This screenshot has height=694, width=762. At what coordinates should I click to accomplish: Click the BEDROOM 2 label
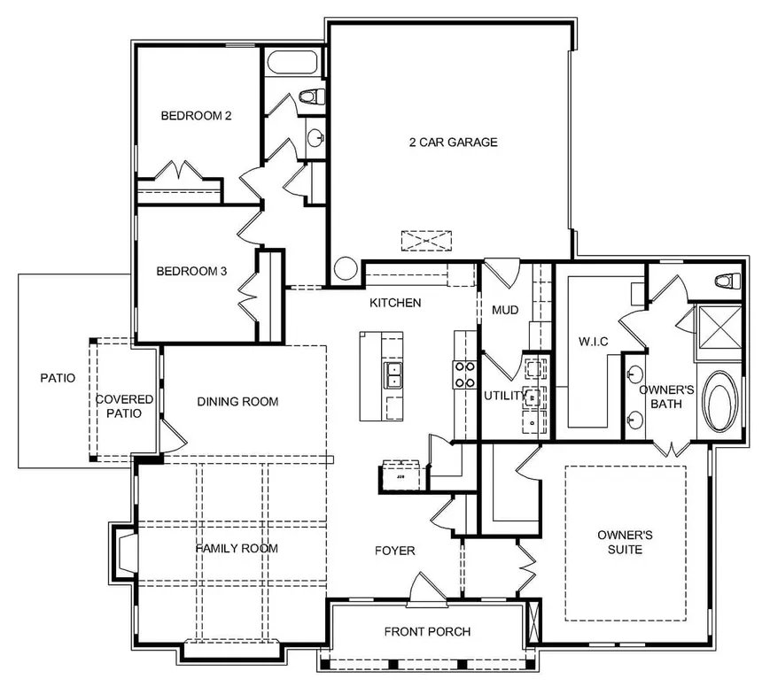click(196, 116)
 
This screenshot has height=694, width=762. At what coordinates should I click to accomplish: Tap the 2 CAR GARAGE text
click(454, 143)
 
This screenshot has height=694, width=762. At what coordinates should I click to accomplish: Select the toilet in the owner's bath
click(727, 281)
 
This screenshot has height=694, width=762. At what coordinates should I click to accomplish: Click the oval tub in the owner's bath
click(720, 402)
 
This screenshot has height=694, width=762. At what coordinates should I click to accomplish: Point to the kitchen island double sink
click(393, 375)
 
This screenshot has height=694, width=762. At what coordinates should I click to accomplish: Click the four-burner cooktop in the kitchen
click(465, 374)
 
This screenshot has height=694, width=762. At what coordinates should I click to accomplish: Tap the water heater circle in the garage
click(346, 268)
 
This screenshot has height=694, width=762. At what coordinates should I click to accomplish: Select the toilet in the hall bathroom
click(312, 96)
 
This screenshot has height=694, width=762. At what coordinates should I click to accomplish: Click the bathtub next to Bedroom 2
click(292, 62)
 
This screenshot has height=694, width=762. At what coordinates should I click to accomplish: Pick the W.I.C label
click(594, 342)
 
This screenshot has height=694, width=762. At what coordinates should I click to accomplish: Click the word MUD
click(505, 310)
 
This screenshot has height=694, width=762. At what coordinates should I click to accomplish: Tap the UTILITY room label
click(505, 396)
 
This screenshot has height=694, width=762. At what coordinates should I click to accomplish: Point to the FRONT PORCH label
click(427, 632)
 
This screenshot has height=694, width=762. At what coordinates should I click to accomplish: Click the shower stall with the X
click(719, 327)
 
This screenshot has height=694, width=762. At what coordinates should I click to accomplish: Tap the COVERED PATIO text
click(124, 406)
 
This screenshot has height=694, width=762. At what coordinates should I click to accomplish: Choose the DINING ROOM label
click(237, 402)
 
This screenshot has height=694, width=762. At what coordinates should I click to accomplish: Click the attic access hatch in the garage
click(426, 241)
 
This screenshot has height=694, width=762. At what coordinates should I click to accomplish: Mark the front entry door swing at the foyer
click(428, 589)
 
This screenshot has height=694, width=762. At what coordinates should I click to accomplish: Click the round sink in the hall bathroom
click(315, 137)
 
